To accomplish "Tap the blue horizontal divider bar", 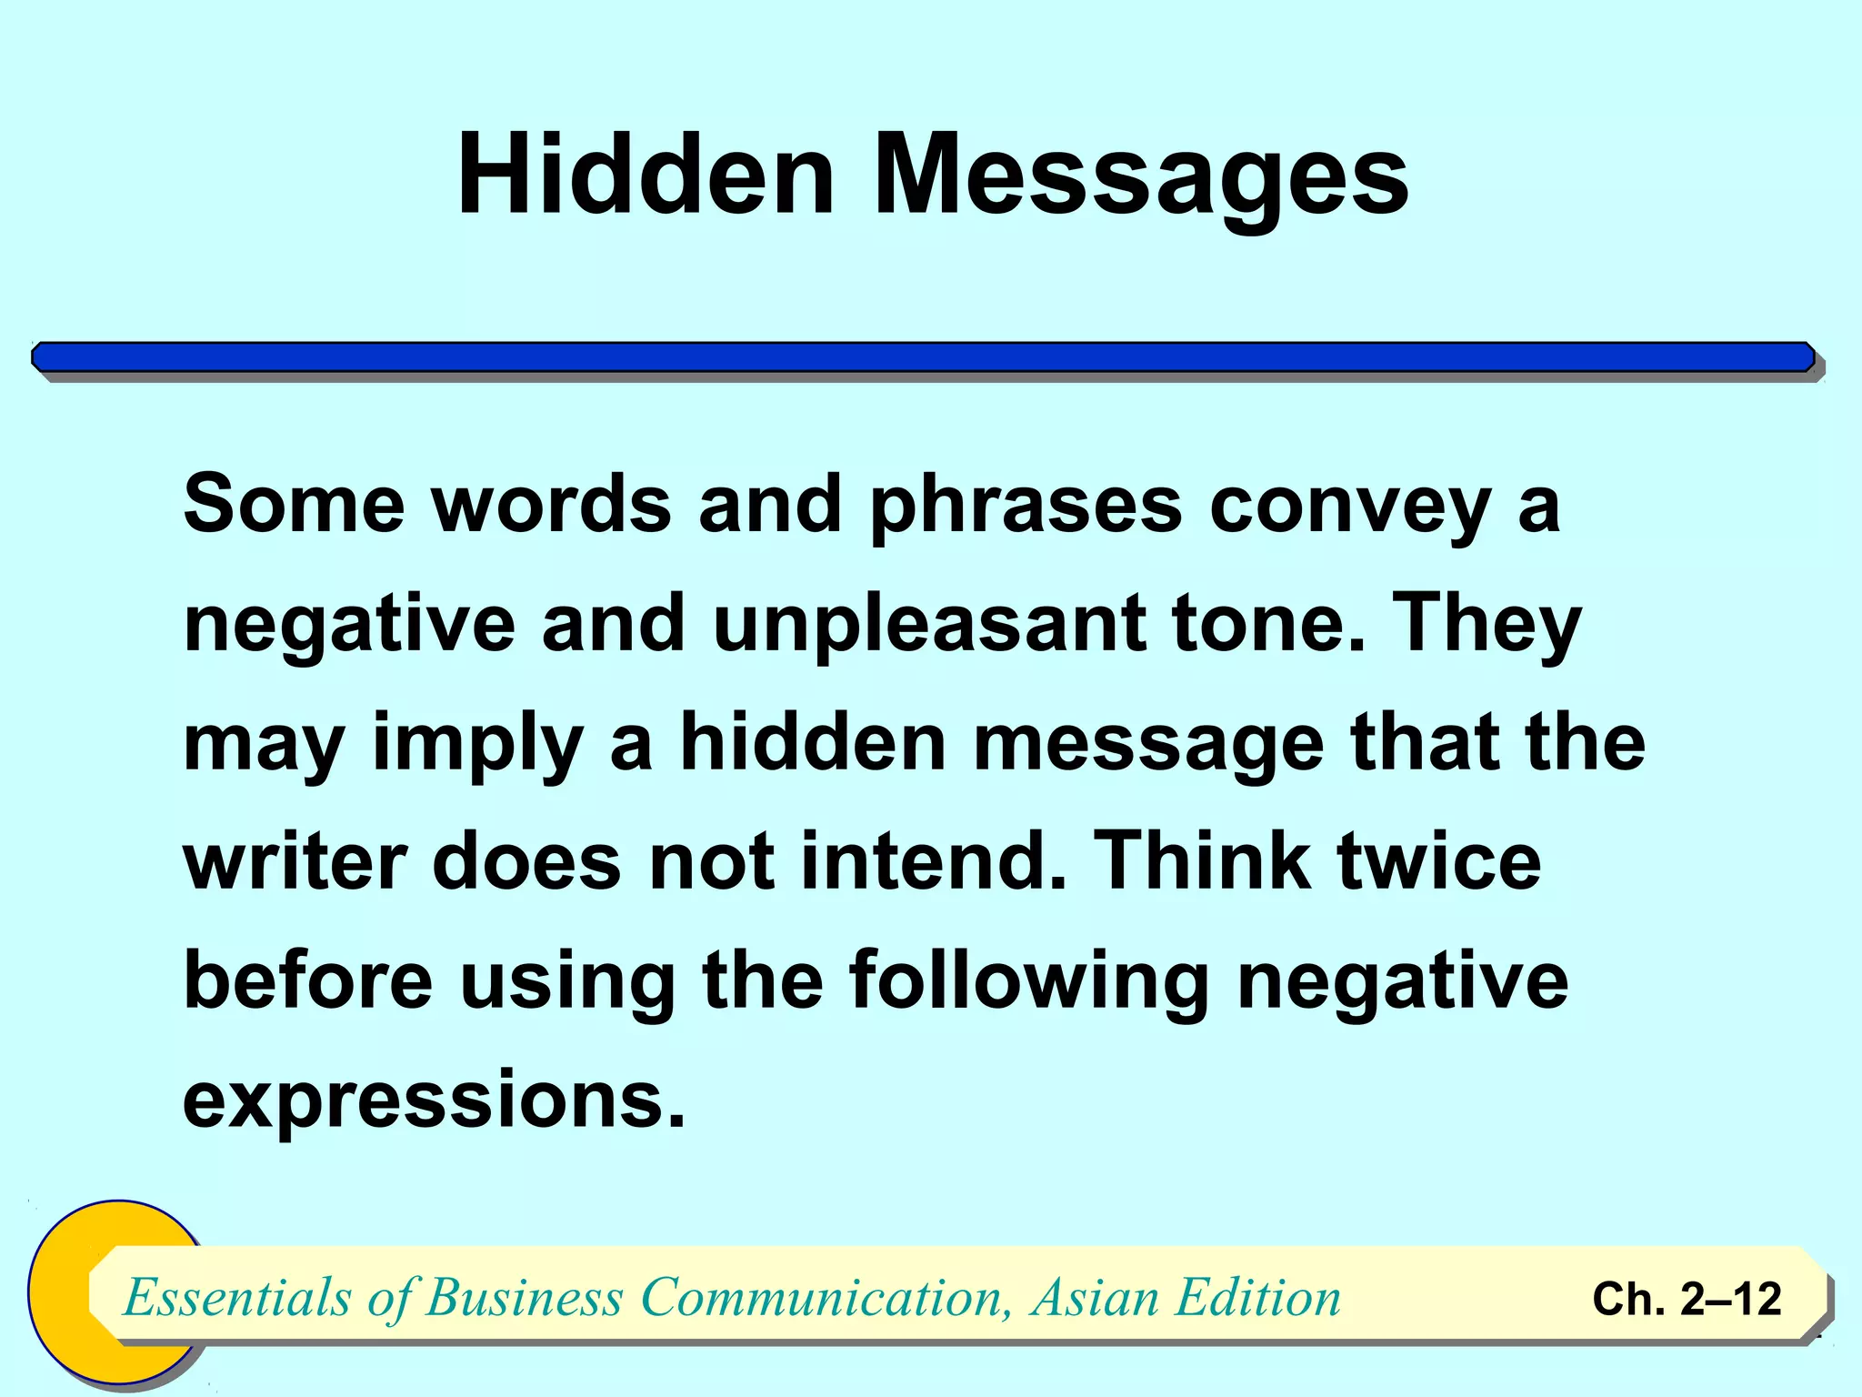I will (x=923, y=357).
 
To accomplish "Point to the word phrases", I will (x=1026, y=506).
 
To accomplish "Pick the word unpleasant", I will (x=928, y=625).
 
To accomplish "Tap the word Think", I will (x=1203, y=861).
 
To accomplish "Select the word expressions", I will (x=433, y=1101).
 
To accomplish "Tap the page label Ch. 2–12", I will (x=1687, y=1299).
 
